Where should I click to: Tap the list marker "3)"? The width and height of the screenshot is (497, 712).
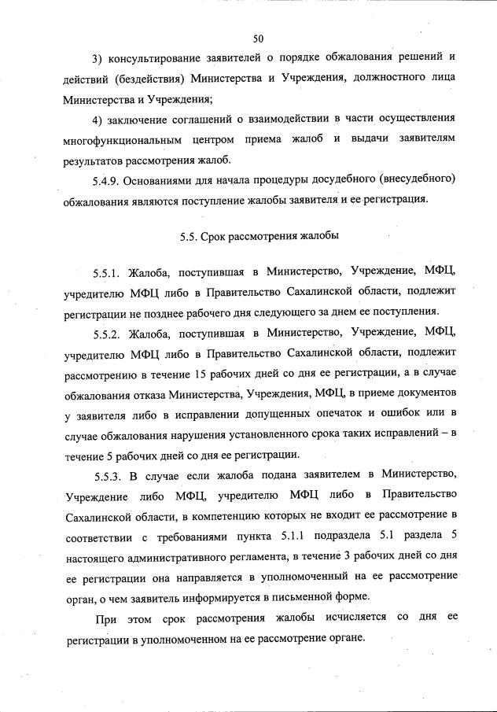pos(98,59)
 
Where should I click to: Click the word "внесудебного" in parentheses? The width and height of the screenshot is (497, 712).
pos(410,180)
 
